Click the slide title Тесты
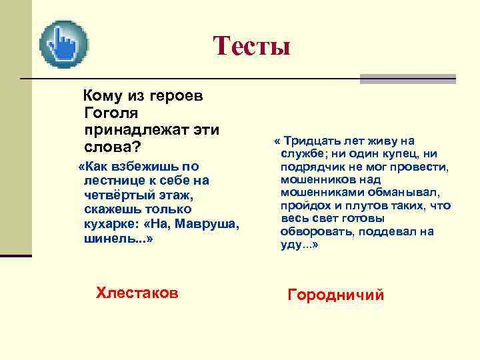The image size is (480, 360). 252,46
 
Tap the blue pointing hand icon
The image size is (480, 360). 64,45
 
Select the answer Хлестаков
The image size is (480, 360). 137,291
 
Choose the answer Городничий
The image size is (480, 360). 335,295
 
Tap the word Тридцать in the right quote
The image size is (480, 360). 313,141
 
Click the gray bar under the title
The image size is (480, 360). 407,79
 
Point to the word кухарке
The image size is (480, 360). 109,223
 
